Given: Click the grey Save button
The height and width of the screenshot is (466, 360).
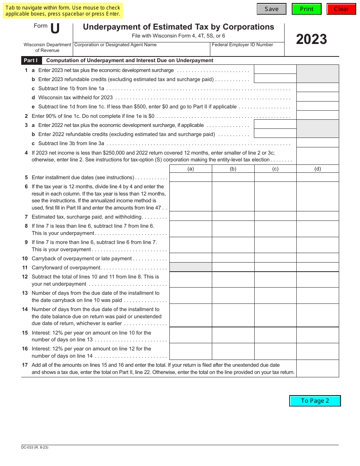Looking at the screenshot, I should tap(271, 9).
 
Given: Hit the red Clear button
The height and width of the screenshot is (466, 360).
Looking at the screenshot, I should tap(341, 9).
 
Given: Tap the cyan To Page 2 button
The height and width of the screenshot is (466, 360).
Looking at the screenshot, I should tap(315, 401).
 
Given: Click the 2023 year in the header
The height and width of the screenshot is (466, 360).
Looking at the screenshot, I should tap(311, 39).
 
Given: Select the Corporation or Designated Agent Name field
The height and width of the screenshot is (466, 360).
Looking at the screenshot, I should tap(141, 50).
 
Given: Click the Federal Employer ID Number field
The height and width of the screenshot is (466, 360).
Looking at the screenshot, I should tap(247, 50).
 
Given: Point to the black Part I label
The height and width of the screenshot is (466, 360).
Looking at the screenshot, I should tap(31, 61).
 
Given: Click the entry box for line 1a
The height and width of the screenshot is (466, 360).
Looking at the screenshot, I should tap(275, 69).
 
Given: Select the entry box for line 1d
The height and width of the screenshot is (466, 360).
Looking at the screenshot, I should tap(317, 97).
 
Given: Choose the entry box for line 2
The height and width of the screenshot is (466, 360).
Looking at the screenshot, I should tap(317, 115).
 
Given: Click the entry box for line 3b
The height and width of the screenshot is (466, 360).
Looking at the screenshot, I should tap(275, 133).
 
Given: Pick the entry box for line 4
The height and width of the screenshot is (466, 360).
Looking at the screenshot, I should tap(317, 156).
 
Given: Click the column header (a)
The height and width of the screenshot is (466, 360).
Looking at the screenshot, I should tap(191, 169).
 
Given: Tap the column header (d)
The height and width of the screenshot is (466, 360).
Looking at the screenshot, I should tap(317, 169).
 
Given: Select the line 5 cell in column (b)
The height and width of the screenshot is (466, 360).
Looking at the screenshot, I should tap(233, 177).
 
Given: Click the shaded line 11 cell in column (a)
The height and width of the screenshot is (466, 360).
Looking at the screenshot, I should tap(191, 267).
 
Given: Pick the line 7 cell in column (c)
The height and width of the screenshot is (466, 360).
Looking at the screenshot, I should tap(275, 216).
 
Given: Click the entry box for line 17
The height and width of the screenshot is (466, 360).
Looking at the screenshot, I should tap(317, 369).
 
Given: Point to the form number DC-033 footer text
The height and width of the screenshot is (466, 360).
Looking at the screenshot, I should tap(35, 447).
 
